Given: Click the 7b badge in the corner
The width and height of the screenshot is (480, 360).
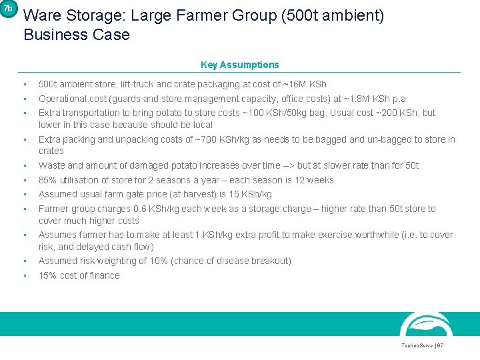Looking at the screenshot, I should coord(7,9).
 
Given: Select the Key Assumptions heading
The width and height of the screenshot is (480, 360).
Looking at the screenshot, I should coord(239,65).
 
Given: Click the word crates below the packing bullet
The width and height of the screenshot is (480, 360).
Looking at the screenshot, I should coord(51,151).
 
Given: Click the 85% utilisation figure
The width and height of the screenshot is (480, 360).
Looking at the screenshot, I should coord(47,180).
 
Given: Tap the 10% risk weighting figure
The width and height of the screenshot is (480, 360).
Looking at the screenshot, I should coord(151,261).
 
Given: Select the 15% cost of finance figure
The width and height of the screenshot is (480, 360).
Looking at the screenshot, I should coord(47,275).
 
